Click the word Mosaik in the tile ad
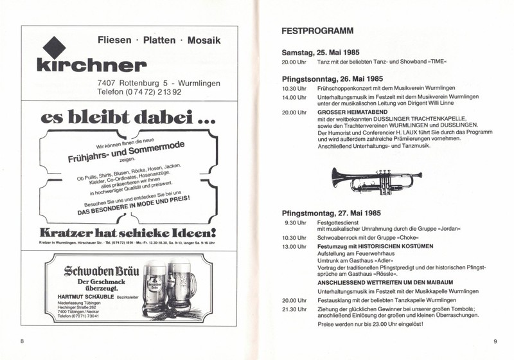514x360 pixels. [204, 40]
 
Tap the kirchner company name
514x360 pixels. [91, 65]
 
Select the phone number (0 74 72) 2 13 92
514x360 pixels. [158, 92]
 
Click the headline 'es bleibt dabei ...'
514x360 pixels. [120, 118]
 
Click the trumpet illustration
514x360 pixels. [377, 180]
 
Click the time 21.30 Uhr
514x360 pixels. [294, 309]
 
